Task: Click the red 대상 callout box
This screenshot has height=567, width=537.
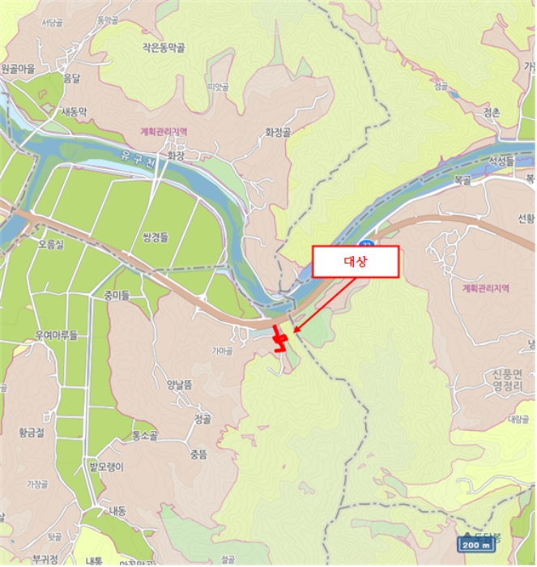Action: tap(355, 261)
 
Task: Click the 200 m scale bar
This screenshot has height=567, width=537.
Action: tap(476, 544)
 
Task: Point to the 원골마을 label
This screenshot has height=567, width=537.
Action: tap(19, 70)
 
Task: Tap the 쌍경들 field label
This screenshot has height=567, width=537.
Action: tap(154, 237)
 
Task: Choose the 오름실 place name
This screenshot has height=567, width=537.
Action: tap(50, 242)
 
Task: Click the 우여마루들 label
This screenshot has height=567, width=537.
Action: tap(49, 334)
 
